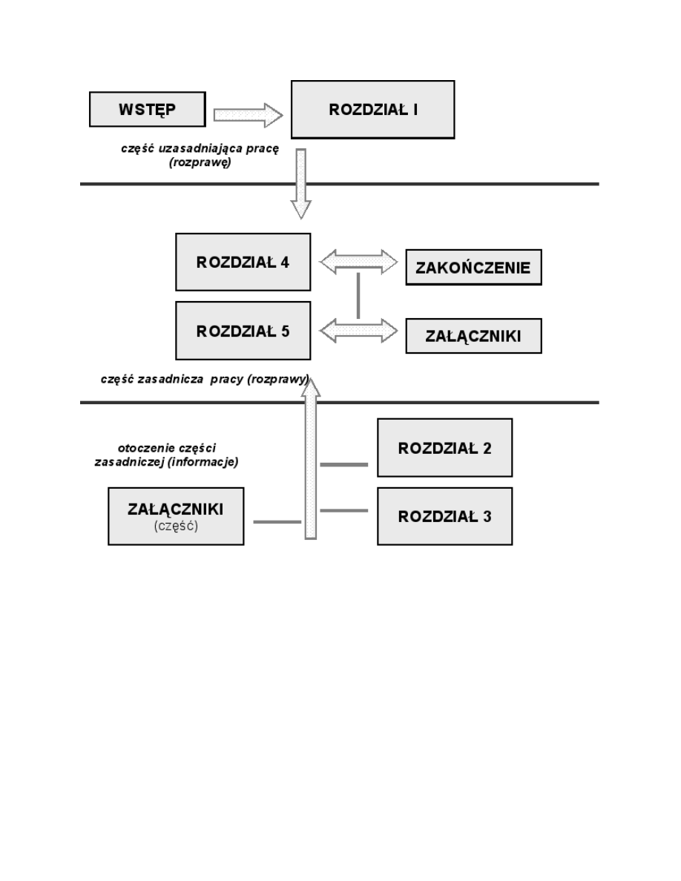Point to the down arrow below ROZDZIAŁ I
click(x=300, y=183)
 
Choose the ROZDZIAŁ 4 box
click(x=243, y=262)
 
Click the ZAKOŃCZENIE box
click(x=473, y=268)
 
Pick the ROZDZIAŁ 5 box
click(x=243, y=331)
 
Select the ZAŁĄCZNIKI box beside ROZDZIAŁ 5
click(x=473, y=336)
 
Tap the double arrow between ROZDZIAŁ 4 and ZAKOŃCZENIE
click(x=358, y=260)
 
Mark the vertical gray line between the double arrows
click(x=358, y=295)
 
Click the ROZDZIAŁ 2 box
click(x=444, y=448)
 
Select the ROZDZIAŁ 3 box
click(x=444, y=516)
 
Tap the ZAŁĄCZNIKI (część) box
click(x=176, y=515)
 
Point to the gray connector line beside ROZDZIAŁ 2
click(x=343, y=465)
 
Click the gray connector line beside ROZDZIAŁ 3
click(x=343, y=510)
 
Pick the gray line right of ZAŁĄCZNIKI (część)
click(x=277, y=522)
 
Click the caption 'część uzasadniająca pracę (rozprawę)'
click(x=200, y=156)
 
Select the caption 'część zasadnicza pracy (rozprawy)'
click(x=205, y=379)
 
